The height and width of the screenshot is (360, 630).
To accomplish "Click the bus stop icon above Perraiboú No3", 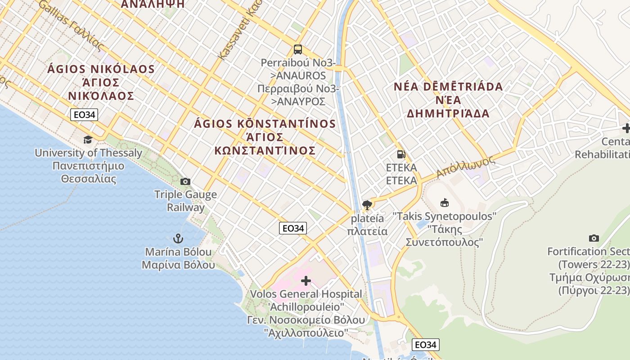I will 297,49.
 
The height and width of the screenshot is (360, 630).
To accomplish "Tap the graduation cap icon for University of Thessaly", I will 88,139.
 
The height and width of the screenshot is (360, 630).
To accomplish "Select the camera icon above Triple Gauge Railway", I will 185,182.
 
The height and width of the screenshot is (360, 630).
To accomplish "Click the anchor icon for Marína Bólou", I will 178,238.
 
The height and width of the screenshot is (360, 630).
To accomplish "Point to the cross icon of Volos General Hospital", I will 306,281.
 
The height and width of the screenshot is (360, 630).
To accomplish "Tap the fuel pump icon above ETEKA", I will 401,154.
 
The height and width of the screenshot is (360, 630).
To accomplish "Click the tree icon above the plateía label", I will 367,205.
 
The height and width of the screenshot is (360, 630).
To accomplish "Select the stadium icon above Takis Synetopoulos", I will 445,203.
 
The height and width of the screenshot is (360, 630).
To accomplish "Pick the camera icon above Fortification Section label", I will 594,238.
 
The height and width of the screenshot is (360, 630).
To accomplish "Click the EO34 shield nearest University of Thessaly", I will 84,115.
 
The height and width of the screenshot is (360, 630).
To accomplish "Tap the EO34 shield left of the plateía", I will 292,229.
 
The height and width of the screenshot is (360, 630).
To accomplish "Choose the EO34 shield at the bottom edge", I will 425,345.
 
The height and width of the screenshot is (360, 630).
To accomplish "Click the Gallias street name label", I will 72,25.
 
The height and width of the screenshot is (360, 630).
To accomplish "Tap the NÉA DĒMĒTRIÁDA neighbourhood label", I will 448,87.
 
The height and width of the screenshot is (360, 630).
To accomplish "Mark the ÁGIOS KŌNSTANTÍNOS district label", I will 265,124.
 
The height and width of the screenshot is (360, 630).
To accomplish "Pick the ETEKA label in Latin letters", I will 401,168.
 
